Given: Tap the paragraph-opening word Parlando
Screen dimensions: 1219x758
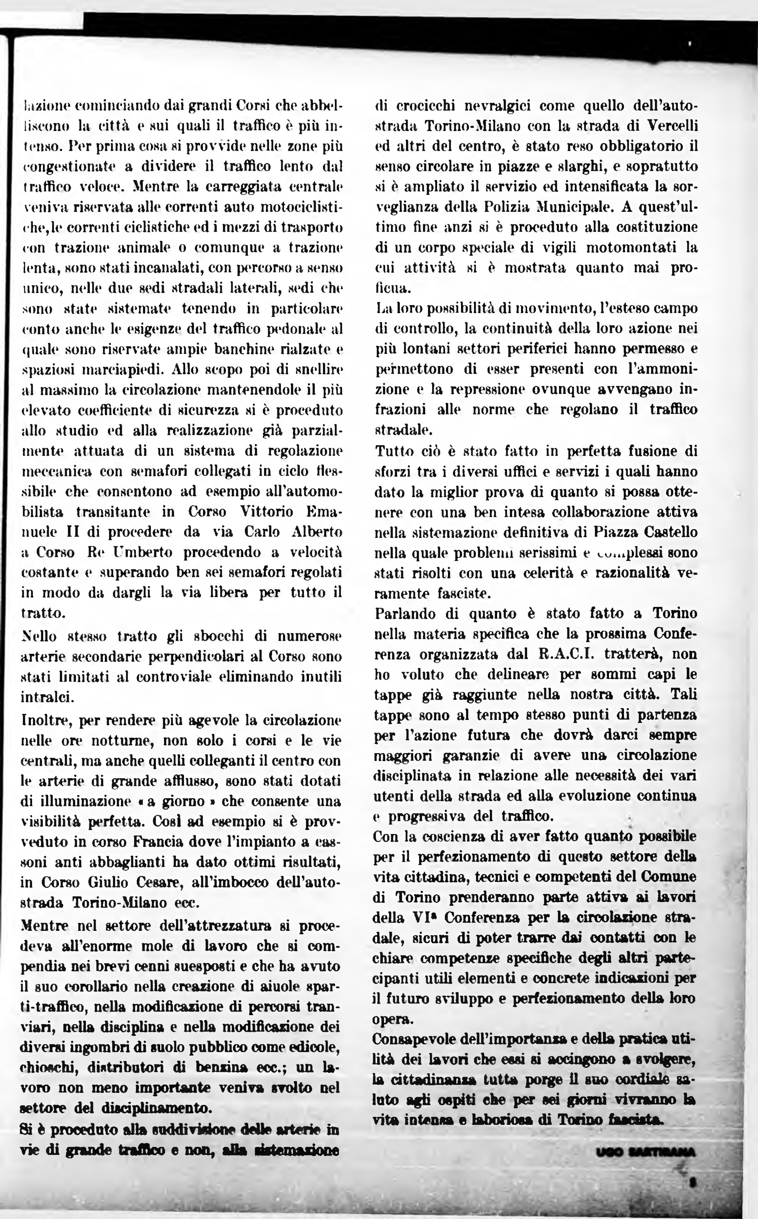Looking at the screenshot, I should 414,613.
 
